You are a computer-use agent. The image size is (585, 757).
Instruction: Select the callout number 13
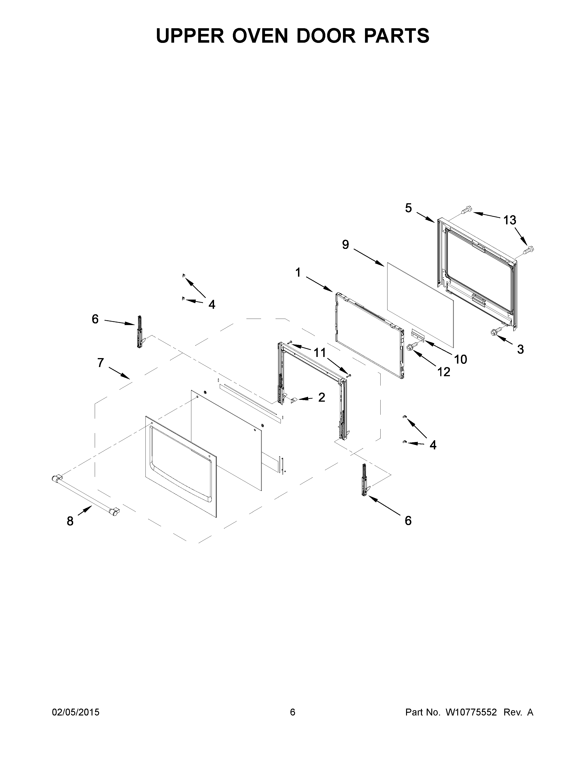(510, 220)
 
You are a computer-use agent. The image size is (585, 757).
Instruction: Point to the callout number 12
(444, 372)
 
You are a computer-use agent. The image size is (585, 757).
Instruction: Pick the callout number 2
(322, 397)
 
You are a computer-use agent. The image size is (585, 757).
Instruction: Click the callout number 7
(100, 363)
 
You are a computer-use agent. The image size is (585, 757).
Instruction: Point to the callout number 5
(409, 208)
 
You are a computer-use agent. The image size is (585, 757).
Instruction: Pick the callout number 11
(320, 353)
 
